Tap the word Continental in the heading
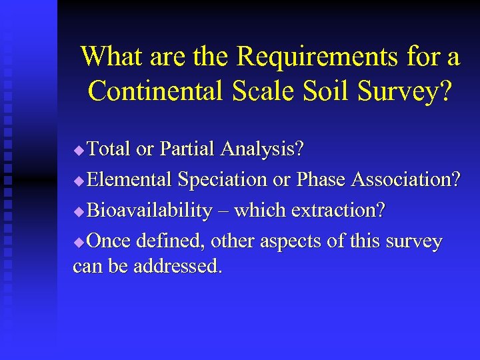(158, 91)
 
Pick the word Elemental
(129, 179)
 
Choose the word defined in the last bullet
(170, 241)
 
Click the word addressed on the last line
(177, 267)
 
